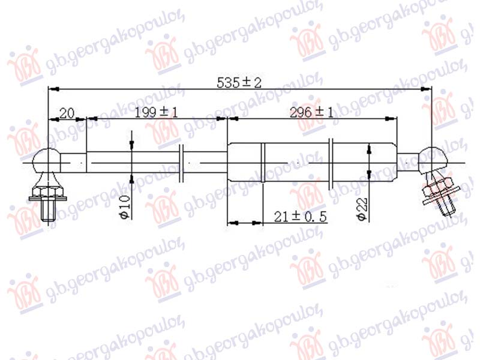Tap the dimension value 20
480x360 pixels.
[67, 112]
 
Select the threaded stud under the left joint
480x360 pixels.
[48, 211]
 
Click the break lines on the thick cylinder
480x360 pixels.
[332, 161]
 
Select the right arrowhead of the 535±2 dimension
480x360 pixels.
[428, 89]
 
